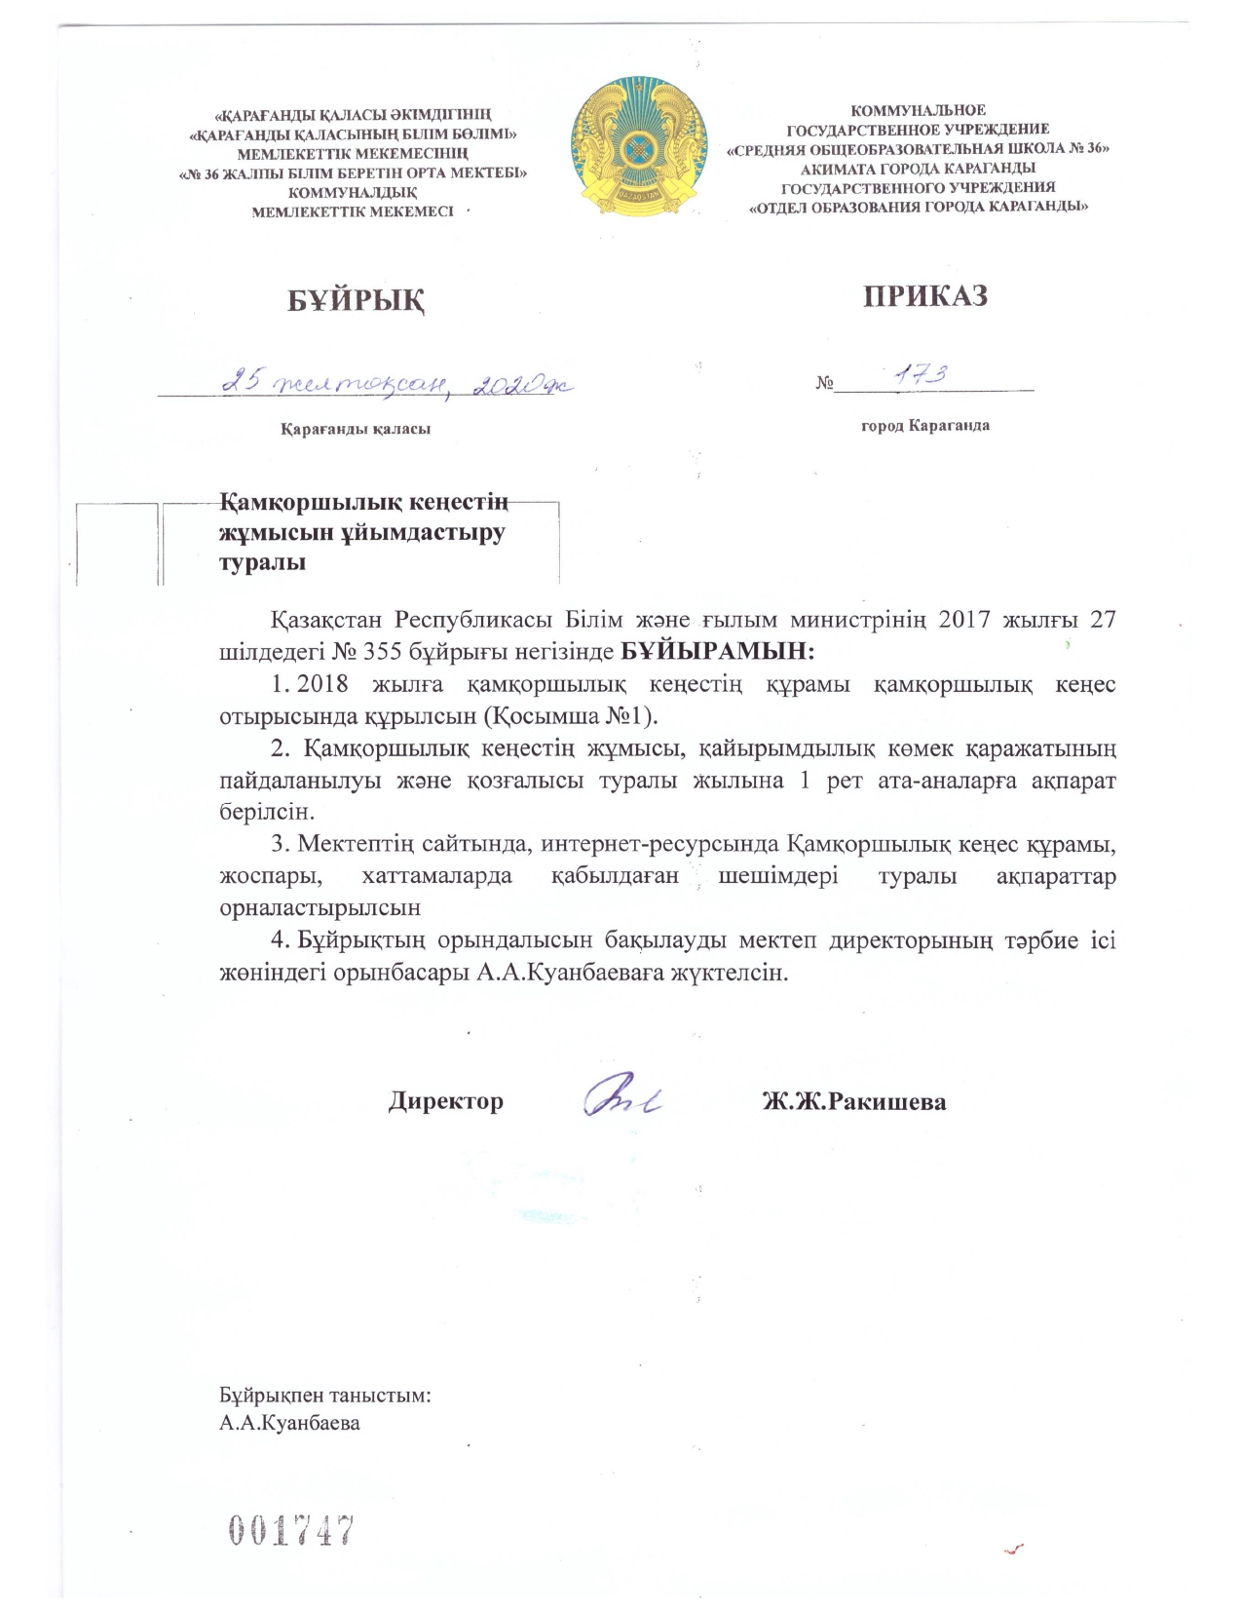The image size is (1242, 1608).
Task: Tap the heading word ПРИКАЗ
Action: click(x=924, y=295)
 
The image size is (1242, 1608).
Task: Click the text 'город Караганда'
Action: click(x=924, y=425)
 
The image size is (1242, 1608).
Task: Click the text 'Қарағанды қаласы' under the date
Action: click(x=356, y=428)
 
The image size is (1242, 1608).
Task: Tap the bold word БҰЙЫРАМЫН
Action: click(x=717, y=649)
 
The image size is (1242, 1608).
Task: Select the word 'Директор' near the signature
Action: click(x=446, y=1101)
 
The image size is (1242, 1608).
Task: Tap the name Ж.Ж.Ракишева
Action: click(x=854, y=1101)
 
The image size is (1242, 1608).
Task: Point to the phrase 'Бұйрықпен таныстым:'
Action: click(x=325, y=1395)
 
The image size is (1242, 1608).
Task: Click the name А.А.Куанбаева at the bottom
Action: click(x=289, y=1423)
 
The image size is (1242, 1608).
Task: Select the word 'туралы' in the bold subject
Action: click(x=262, y=562)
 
